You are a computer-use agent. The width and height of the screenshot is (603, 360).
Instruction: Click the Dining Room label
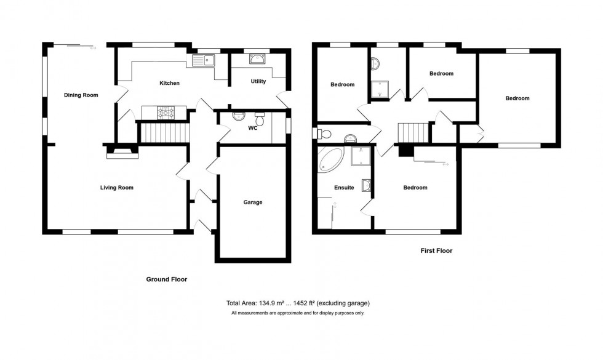tap(81, 95)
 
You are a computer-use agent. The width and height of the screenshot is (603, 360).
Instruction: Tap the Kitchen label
tap(169, 83)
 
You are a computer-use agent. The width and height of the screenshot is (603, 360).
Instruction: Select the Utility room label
tap(258, 81)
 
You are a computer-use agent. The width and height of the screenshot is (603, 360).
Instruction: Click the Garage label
tap(252, 202)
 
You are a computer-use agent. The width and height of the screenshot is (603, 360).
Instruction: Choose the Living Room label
tap(117, 188)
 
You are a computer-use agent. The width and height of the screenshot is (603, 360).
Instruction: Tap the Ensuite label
tap(343, 188)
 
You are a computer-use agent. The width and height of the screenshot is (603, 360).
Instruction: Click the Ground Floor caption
tap(166, 279)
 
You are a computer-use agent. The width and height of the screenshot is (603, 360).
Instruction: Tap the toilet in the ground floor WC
tap(260, 119)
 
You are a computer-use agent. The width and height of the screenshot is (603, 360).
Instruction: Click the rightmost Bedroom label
tap(517, 98)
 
